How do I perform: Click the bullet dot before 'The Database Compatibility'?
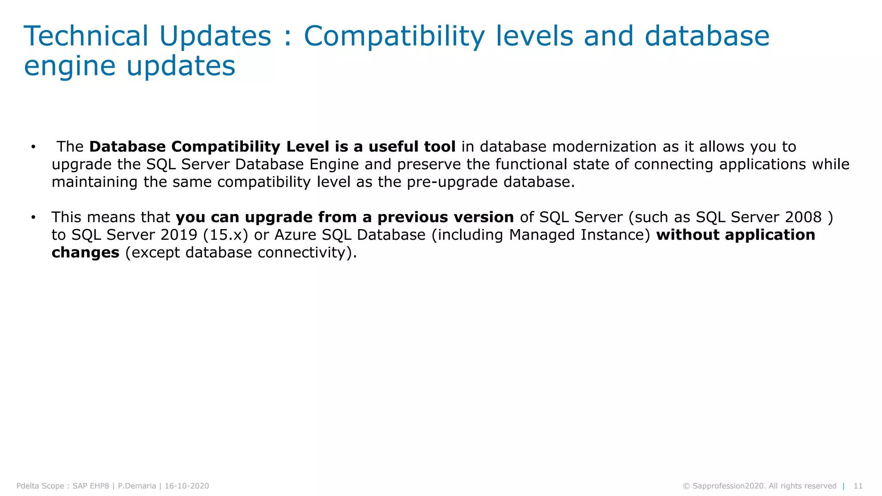coord(33,147)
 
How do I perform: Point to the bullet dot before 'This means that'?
coord(33,217)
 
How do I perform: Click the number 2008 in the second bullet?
coord(803,217)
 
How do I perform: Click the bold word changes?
coord(85,253)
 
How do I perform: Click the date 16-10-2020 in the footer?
coord(187,486)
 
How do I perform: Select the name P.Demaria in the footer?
coord(137,486)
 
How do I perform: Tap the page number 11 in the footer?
coord(858,486)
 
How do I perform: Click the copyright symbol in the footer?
coord(686,486)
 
